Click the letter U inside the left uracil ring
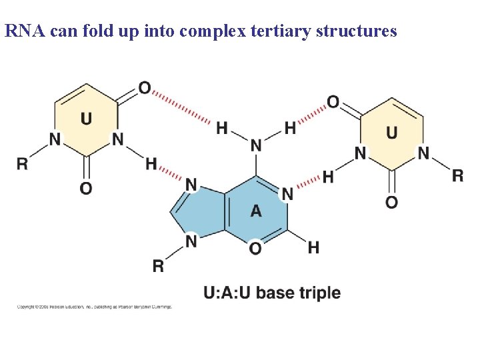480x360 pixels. tap(86, 119)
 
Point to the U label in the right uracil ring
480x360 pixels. tap(391, 132)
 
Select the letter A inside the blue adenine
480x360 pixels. tap(256, 211)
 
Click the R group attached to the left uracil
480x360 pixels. tap(23, 163)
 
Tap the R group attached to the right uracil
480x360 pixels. tap(457, 176)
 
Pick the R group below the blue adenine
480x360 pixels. tap(158, 266)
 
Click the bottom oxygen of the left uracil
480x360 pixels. tap(86, 189)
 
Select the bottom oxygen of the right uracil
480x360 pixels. tap(391, 201)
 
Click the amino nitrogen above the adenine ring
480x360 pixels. tap(256, 145)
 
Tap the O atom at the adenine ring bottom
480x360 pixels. tap(255, 247)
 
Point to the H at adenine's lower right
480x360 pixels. tap(313, 247)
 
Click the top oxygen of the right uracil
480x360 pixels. tap(333, 102)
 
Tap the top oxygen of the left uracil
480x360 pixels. tap(145, 88)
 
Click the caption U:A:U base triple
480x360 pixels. tap(272, 293)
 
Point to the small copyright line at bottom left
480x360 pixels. tap(95, 307)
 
